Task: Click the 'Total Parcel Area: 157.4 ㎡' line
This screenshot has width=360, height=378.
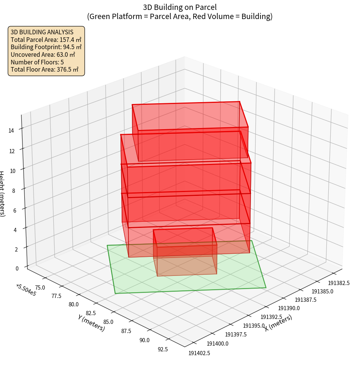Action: click(x=46, y=39)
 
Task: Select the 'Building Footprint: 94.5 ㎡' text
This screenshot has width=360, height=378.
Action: click(x=46, y=47)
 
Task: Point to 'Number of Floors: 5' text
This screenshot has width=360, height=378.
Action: click(x=37, y=62)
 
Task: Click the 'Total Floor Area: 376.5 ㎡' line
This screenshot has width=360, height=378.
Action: click(x=45, y=69)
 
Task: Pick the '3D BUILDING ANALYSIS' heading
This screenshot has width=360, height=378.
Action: click(x=42, y=32)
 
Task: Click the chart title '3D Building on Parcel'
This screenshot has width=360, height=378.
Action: click(x=180, y=7)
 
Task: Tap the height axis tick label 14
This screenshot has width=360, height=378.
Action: click(x=11, y=130)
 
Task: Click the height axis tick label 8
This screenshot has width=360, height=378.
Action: click(x=13, y=191)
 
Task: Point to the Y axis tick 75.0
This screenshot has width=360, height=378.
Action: click(x=40, y=287)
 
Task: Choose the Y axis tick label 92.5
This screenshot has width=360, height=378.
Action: click(x=162, y=349)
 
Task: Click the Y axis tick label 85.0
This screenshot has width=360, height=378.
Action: click(x=108, y=322)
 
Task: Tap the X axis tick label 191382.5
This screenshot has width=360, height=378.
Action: click(x=339, y=283)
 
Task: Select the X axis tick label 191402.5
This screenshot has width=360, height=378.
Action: click(x=199, y=353)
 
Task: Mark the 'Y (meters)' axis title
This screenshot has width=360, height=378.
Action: click(x=91, y=322)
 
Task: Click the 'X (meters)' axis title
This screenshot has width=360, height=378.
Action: click(x=278, y=323)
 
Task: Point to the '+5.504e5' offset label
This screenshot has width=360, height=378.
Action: click(x=26, y=290)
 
